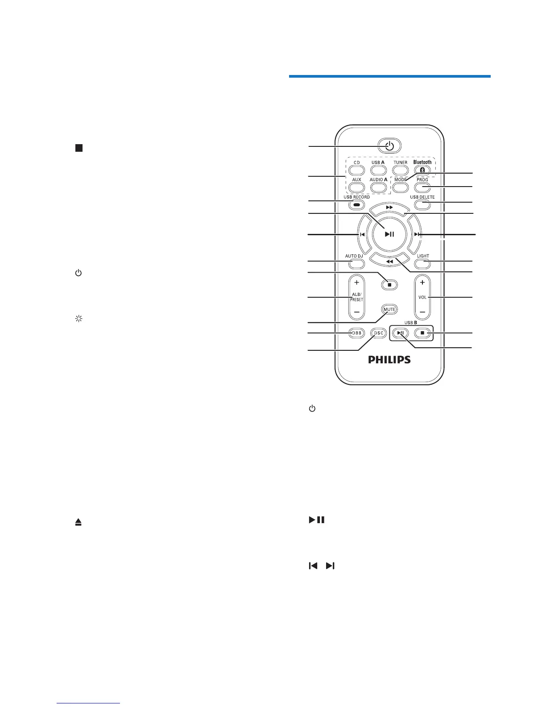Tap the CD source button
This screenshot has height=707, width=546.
[x=357, y=170]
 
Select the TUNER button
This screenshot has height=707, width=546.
[x=400, y=170]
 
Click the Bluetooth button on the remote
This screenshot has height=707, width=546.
[x=422, y=170]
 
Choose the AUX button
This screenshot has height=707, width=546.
[x=357, y=187]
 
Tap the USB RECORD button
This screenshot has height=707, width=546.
[x=356, y=205]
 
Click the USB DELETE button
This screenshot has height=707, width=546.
[x=422, y=205]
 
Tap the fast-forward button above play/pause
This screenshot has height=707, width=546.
[x=389, y=208]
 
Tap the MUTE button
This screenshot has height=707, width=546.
[x=389, y=309]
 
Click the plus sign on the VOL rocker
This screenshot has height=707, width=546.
[x=422, y=283]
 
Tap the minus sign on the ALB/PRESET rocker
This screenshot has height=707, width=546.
[x=356, y=312]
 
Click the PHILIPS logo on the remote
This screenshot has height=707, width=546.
[x=389, y=359]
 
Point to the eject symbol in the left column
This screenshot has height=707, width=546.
[x=79, y=523]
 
